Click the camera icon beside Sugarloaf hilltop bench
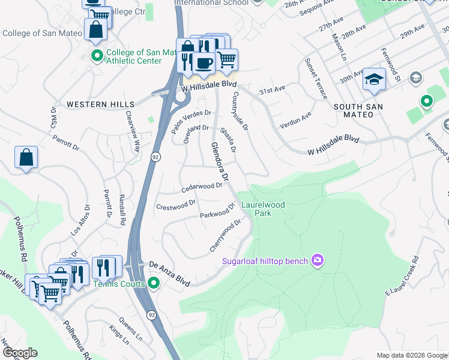(x=318, y=260)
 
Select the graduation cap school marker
(x=374, y=80)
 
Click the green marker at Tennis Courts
(x=154, y=283)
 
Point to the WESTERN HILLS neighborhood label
(x=100, y=104)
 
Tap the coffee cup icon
(x=204, y=62)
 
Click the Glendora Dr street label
(x=220, y=162)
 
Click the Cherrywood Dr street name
(x=225, y=236)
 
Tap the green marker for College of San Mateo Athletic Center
(x=97, y=56)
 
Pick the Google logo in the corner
(x=19, y=353)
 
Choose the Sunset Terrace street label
(x=316, y=79)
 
